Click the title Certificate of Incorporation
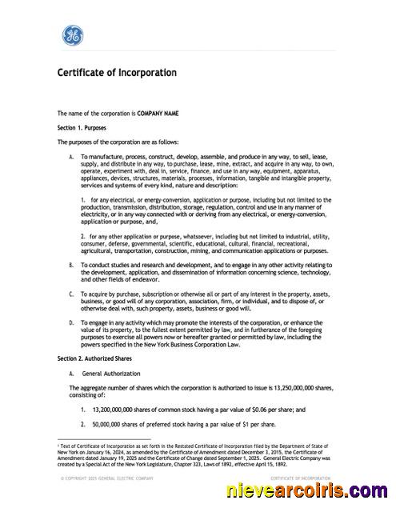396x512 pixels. click(117, 73)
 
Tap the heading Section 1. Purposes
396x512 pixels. click(82, 127)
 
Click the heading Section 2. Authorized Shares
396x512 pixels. click(93, 358)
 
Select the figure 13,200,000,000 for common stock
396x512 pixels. click(117, 409)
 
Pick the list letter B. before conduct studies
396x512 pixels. click(72, 263)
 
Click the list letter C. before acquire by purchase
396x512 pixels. click(72, 293)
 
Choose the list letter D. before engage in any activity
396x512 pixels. click(72, 322)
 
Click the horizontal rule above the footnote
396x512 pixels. click(104, 439)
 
